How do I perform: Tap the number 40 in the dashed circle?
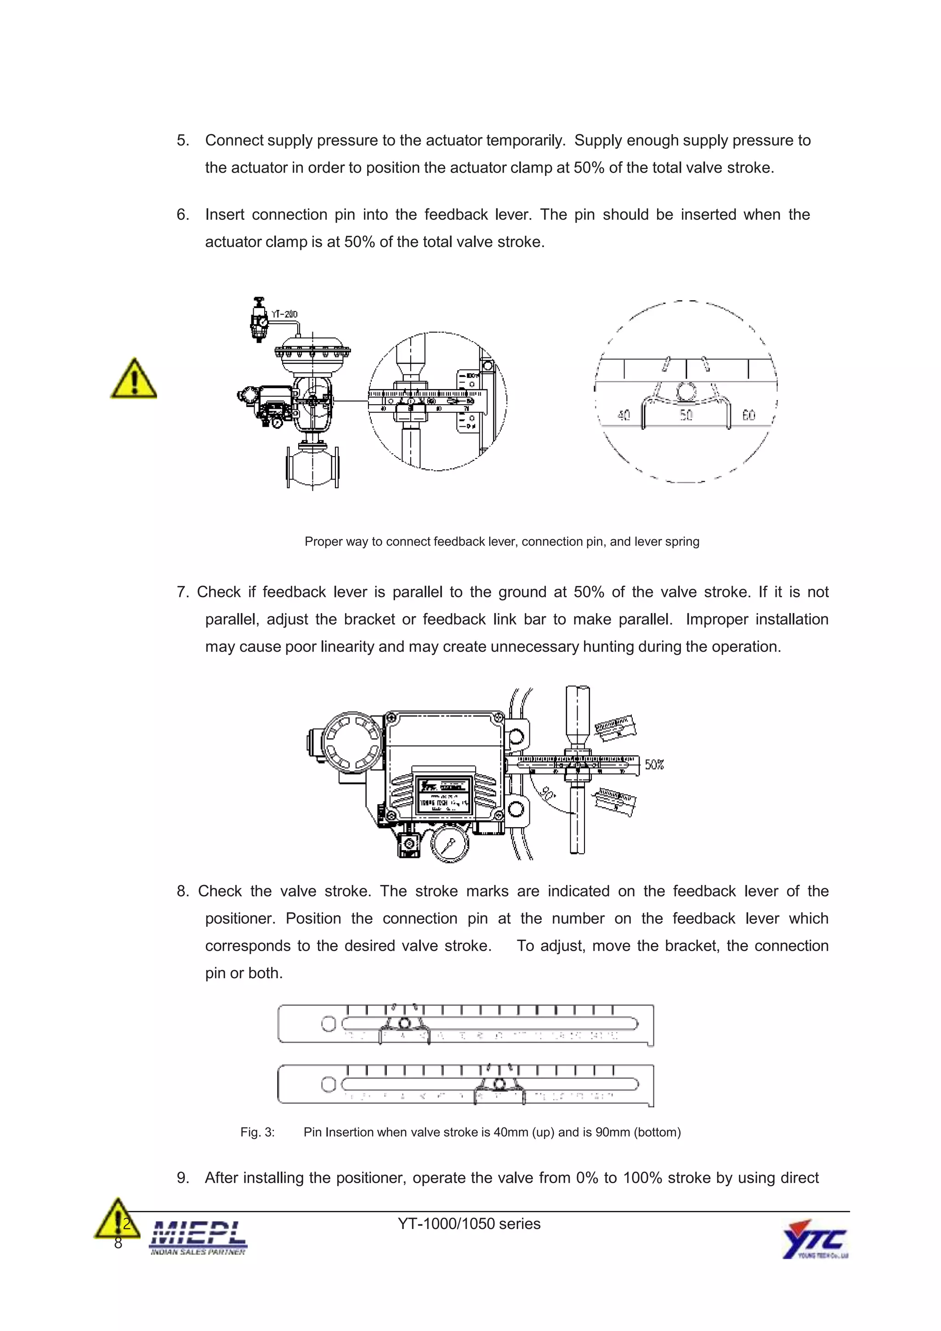(624, 415)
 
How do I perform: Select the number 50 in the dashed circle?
(686, 415)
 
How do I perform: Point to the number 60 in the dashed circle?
(748, 415)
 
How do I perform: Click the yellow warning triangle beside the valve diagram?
(133, 380)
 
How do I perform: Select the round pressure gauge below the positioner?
(449, 844)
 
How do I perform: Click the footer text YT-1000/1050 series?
(469, 1224)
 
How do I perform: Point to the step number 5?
(182, 140)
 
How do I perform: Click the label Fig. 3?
(257, 1132)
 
